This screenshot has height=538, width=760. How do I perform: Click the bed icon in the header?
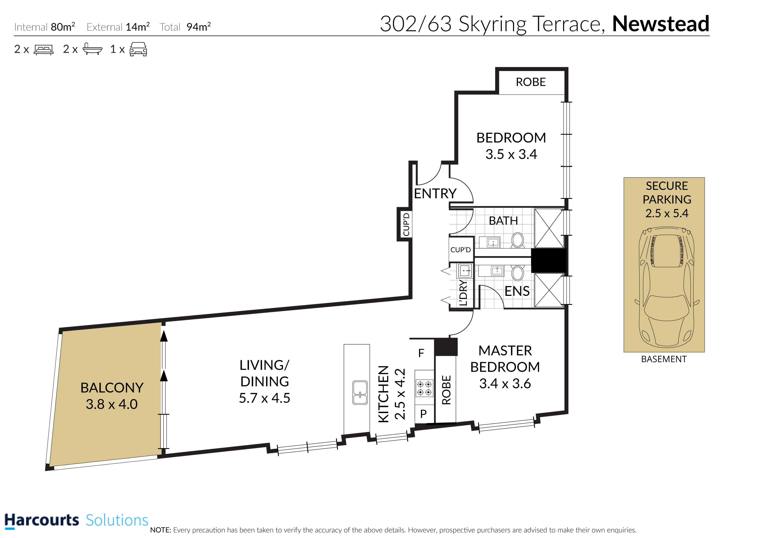pyautogui.click(x=43, y=50)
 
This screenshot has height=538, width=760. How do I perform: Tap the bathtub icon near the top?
pyautogui.click(x=92, y=49)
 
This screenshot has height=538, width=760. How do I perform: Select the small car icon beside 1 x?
pyautogui.click(x=138, y=49)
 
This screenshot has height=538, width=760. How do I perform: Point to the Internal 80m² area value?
pyautogui.click(x=63, y=27)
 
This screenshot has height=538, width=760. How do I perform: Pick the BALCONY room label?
pyautogui.click(x=112, y=388)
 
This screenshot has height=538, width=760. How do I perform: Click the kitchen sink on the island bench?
pyautogui.click(x=360, y=393)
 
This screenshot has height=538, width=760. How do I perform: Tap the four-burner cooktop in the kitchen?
pyautogui.click(x=424, y=388)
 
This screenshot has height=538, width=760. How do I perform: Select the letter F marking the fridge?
pyautogui.click(x=421, y=353)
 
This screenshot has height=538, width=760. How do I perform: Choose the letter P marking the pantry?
pyautogui.click(x=423, y=413)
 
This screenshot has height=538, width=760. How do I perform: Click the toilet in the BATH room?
pyautogui.click(x=518, y=240)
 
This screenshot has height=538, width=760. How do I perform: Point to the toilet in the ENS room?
pyautogui.click(x=517, y=273)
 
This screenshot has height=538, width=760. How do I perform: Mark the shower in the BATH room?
pyautogui.click(x=549, y=228)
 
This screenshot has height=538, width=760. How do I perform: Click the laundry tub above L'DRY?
pyautogui.click(x=464, y=270)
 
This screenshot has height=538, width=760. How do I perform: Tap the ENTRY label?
pyautogui.click(x=435, y=193)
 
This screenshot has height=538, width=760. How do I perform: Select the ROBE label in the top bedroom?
pyautogui.click(x=530, y=82)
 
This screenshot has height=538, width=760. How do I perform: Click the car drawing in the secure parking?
pyautogui.click(x=667, y=287)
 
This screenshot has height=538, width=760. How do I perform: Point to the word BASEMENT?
pyautogui.click(x=664, y=359)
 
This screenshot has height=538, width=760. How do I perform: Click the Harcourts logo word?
pyautogui.click(x=42, y=520)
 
